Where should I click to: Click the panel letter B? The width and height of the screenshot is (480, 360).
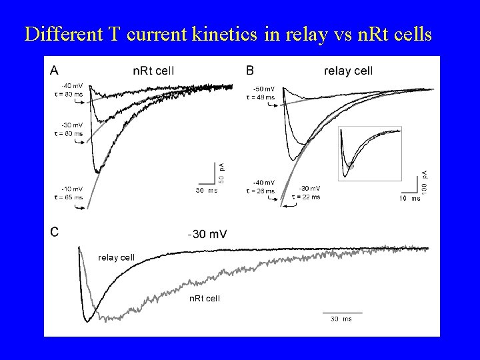tap(250, 69)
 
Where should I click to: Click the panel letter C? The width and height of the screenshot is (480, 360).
tap(54, 232)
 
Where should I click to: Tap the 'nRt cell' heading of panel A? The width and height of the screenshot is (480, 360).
tap(153, 69)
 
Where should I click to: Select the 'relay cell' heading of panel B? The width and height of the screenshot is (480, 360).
tap(348, 69)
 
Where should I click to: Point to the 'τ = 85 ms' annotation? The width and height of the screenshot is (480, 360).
tap(68, 197)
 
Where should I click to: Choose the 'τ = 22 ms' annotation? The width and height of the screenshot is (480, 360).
tap(306, 197)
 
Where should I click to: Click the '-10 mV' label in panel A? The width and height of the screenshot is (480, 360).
tap(71, 189)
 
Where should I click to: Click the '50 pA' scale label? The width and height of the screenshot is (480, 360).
tap(222, 173)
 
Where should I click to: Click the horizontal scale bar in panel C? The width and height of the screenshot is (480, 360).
tap(342, 312)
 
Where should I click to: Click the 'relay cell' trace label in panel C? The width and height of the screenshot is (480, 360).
tap(117, 256)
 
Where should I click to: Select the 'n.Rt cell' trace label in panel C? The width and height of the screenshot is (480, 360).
tap(203, 298)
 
